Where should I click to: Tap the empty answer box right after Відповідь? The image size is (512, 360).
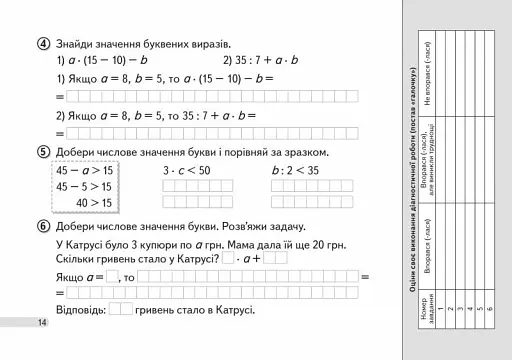click(x=120, y=309)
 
